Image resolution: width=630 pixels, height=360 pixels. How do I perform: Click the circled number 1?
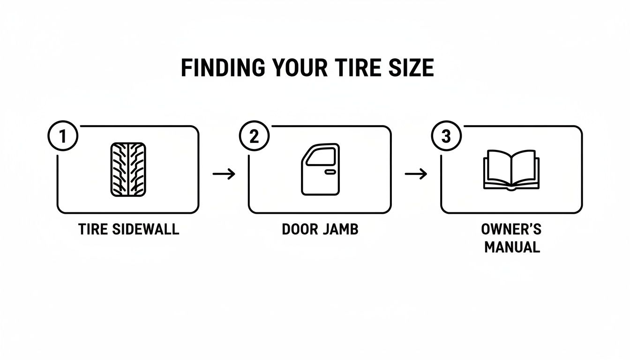[x=63, y=136]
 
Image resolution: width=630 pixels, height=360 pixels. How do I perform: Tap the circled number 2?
[x=254, y=136]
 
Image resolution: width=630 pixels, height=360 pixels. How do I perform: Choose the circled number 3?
[x=446, y=136]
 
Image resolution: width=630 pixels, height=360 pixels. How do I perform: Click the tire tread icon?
[x=128, y=169]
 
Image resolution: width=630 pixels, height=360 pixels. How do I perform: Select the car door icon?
[x=320, y=169]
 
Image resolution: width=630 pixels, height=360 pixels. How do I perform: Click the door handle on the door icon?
[x=330, y=172]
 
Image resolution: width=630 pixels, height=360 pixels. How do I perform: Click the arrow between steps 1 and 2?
[x=224, y=174]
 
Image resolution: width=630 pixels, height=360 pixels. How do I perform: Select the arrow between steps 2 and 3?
[x=416, y=174]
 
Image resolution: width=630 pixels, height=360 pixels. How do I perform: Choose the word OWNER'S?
[x=511, y=229]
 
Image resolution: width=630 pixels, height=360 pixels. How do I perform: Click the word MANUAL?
[x=512, y=247]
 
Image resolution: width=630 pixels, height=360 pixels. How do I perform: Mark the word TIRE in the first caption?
[x=93, y=229]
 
